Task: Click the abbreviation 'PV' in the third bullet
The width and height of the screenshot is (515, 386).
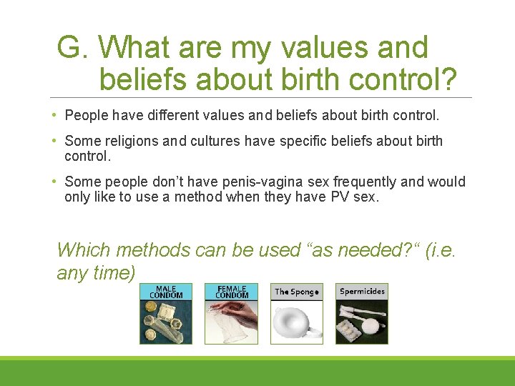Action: [341, 197]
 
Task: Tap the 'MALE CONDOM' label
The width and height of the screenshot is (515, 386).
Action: [166, 292]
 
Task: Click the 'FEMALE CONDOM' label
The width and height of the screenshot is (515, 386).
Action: [232, 292]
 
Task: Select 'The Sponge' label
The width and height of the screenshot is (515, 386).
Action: [297, 292]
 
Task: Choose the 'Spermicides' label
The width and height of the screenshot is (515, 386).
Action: [362, 291]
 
